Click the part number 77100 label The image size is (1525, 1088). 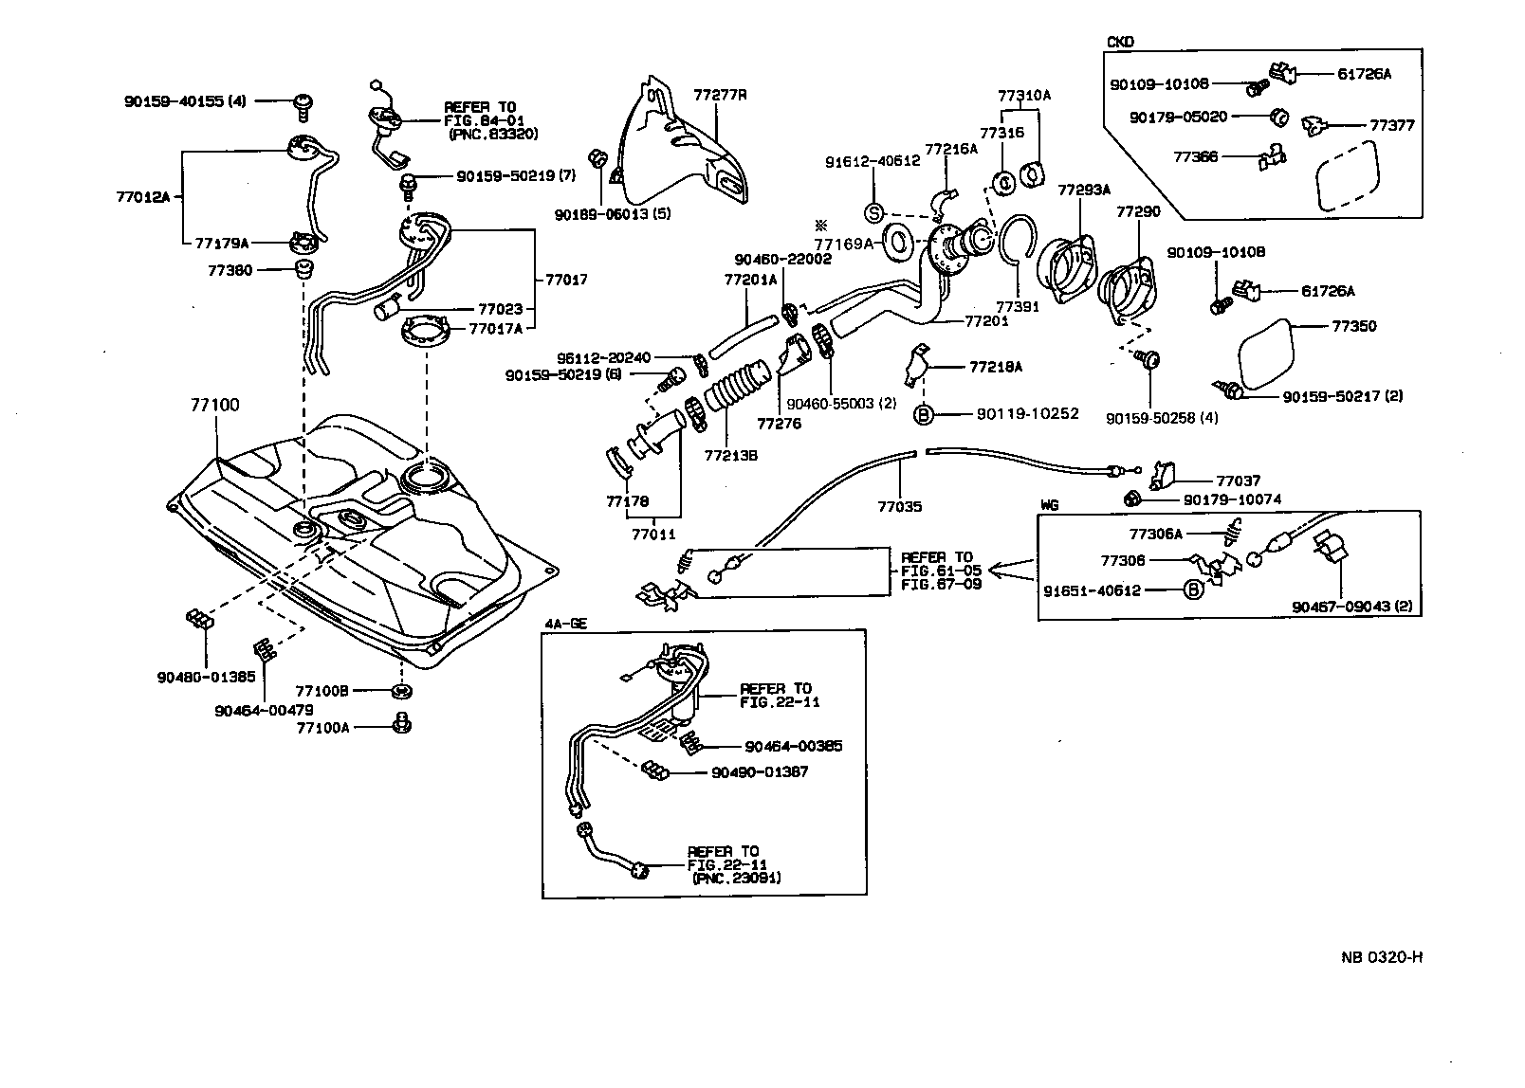point(214,405)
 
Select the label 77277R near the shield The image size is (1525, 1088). point(720,95)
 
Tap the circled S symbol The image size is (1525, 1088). point(874,210)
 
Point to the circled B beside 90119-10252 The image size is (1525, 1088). point(923,413)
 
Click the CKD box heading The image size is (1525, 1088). point(1120,43)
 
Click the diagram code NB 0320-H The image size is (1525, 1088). point(1382,956)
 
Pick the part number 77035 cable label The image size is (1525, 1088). point(899,507)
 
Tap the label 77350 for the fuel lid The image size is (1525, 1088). point(1353,326)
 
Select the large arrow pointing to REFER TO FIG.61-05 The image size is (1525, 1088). point(1012,571)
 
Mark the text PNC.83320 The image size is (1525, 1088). point(494,135)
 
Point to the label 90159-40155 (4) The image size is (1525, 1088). point(185,100)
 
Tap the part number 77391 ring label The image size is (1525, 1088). point(1018,306)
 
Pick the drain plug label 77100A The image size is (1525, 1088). point(322,727)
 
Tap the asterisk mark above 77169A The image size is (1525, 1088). point(820,226)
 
